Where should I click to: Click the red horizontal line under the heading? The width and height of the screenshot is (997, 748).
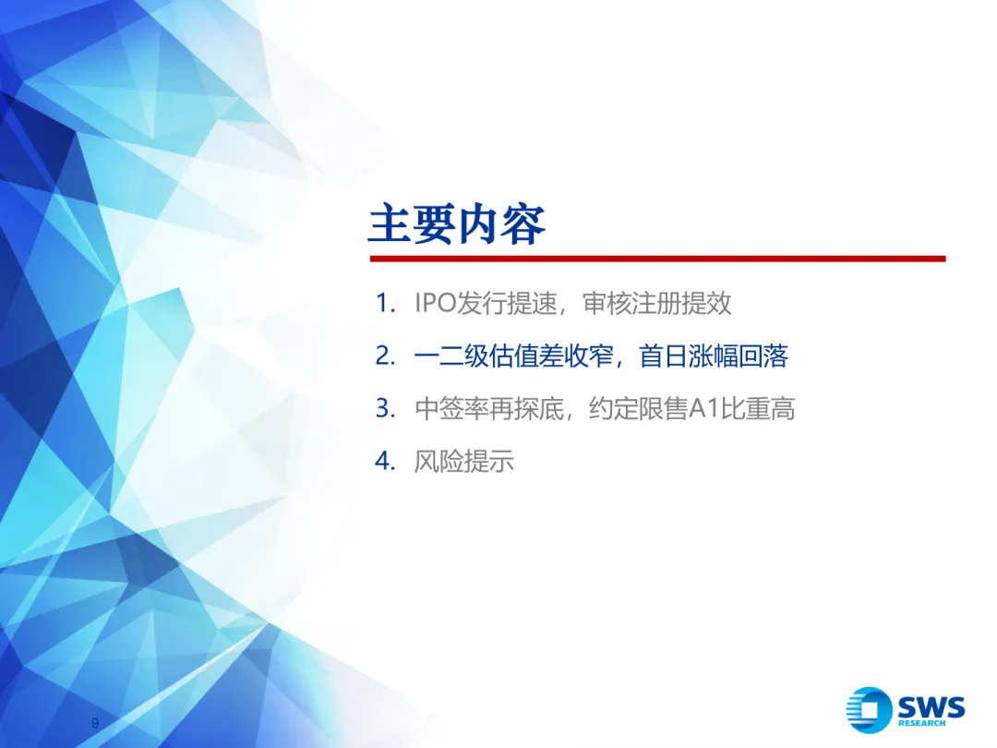656,259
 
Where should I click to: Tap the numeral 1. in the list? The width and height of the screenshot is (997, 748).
386,303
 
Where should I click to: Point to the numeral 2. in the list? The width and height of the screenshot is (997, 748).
386,356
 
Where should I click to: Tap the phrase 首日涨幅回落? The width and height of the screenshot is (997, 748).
714,356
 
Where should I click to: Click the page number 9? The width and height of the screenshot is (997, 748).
95,723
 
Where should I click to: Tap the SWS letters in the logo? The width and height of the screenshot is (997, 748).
931,707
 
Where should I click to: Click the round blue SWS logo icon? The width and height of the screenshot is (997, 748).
869,710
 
